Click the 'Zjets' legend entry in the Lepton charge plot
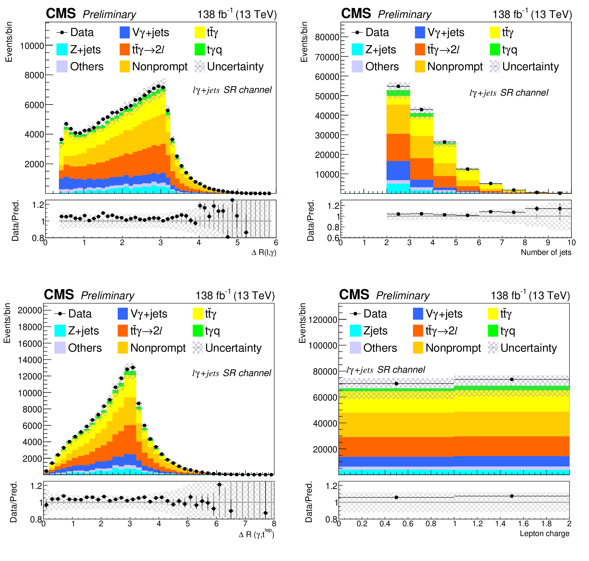(x=375, y=331)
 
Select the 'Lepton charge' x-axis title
(x=545, y=533)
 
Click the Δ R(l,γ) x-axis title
(x=264, y=252)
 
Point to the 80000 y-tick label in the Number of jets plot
(x=327, y=37)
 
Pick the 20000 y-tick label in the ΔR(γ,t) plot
(x=30, y=310)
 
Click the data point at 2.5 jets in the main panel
(x=398, y=86)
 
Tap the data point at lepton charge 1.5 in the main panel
(x=512, y=379)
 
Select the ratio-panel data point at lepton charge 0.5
(x=396, y=497)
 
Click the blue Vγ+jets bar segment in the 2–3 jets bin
(x=398, y=171)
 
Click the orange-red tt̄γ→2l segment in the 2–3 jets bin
(x=398, y=147)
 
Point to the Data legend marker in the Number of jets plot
(x=357, y=32)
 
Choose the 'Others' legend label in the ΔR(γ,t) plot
(x=85, y=348)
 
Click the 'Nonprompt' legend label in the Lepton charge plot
(x=453, y=348)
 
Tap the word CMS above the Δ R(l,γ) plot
(x=61, y=14)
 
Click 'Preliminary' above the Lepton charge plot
(x=403, y=296)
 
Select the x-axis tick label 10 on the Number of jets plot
(x=571, y=242)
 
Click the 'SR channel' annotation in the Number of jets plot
(x=524, y=93)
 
